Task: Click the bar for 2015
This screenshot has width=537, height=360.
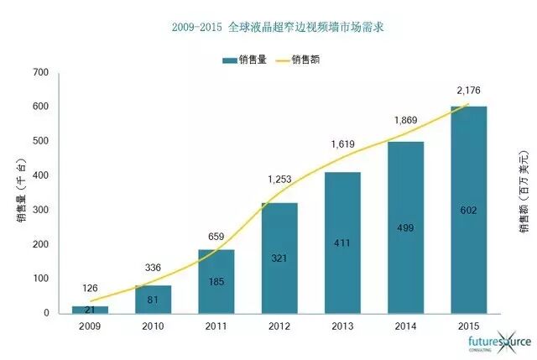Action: click(468, 210)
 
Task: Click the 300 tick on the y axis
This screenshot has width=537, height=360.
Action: click(40, 210)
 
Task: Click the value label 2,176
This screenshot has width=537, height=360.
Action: click(468, 89)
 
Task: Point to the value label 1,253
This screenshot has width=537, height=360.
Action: click(280, 179)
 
